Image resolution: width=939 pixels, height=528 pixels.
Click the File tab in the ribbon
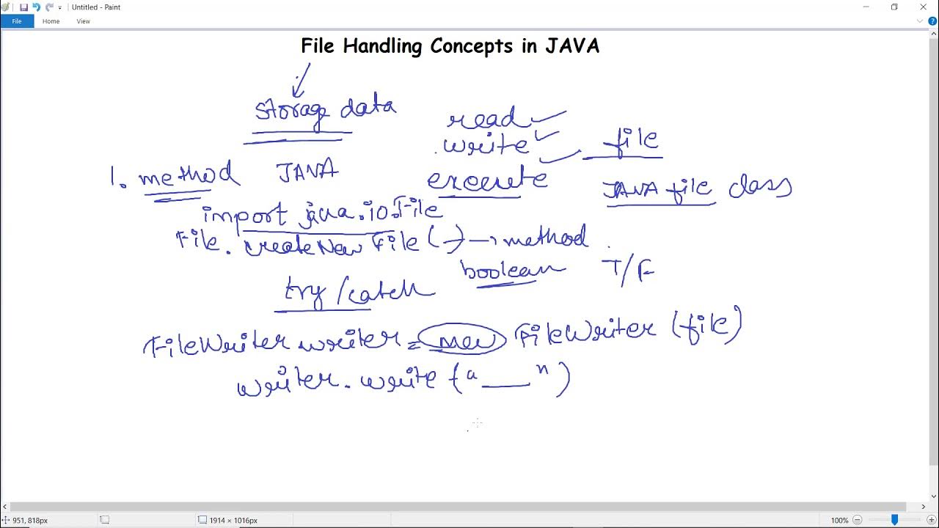tap(16, 21)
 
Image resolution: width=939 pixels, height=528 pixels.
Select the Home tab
tap(51, 21)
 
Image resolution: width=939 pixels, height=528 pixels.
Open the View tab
tap(84, 21)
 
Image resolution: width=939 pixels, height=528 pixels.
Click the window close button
tap(923, 7)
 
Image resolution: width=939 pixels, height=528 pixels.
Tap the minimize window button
tap(866, 7)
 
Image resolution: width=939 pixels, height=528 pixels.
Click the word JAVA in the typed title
tap(572, 46)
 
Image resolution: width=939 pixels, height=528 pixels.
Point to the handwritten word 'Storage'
tap(291, 111)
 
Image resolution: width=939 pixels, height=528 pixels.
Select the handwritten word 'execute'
tap(486, 180)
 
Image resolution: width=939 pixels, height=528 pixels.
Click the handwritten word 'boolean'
tap(512, 271)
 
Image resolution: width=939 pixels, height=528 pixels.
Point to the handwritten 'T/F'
tap(627, 271)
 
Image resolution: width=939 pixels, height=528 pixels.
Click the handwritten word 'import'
tap(245, 215)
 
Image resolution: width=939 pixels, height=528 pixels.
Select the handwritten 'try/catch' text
tap(359, 293)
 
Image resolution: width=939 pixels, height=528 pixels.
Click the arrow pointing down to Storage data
tap(301, 79)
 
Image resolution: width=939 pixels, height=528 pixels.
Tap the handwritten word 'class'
tap(760, 188)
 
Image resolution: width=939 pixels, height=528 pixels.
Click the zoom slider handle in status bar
tap(894, 520)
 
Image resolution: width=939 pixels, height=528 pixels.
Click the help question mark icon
tap(932, 21)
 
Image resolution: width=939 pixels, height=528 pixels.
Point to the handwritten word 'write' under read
tap(486, 145)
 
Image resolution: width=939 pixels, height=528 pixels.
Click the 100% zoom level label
tap(839, 520)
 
